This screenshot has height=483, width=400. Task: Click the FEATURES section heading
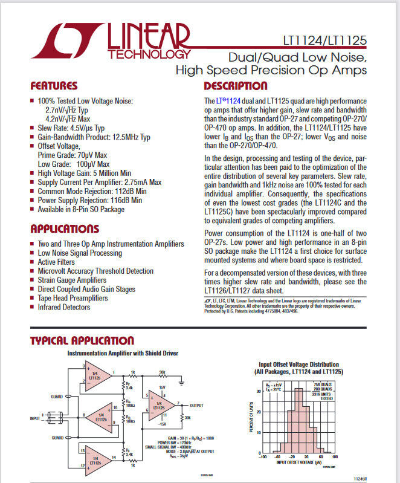(54, 86)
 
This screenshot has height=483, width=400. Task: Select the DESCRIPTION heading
(235, 86)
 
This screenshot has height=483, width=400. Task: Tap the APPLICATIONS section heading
(65, 229)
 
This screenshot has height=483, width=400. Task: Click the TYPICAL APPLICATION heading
(82, 341)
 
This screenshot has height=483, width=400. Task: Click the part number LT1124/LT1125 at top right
(324, 43)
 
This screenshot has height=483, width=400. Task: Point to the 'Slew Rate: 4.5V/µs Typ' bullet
(71, 128)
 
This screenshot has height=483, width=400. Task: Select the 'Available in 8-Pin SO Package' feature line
(81, 209)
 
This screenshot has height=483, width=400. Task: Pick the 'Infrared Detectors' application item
(64, 307)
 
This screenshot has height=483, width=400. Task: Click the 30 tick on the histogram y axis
(259, 391)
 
